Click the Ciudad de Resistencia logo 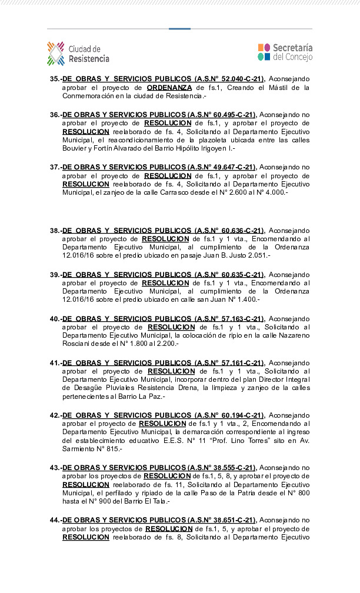(x=78, y=54)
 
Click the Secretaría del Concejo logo (x=285, y=52)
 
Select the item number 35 (x=55, y=79)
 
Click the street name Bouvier (x=76, y=149)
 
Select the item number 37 (x=55, y=167)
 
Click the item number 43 (x=55, y=467)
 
